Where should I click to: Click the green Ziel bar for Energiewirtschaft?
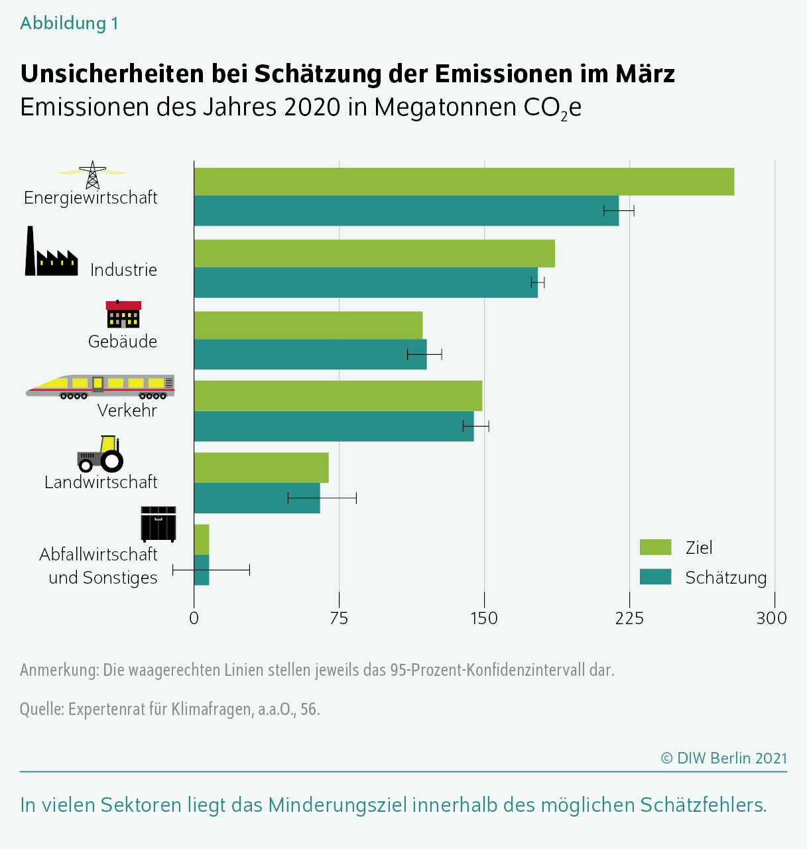464,182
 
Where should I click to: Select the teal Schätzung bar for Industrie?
365,283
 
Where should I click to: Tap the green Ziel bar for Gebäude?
308,325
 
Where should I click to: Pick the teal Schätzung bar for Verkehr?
334,426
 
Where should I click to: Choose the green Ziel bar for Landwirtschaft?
261,468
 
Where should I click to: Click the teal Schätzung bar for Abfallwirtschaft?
202,570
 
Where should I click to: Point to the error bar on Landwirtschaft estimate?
322,498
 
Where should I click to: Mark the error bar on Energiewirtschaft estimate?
619,211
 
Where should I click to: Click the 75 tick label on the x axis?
339,618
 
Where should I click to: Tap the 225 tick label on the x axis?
629,618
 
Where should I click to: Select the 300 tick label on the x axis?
772,618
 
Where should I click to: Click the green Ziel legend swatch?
655,547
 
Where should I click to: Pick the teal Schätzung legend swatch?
655,577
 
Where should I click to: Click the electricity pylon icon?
92,174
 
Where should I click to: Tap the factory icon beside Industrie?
51,252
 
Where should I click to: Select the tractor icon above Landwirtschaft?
101,454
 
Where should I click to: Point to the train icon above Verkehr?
99,386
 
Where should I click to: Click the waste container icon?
158,524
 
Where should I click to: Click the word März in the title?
645,74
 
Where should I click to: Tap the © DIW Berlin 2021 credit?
724,758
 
